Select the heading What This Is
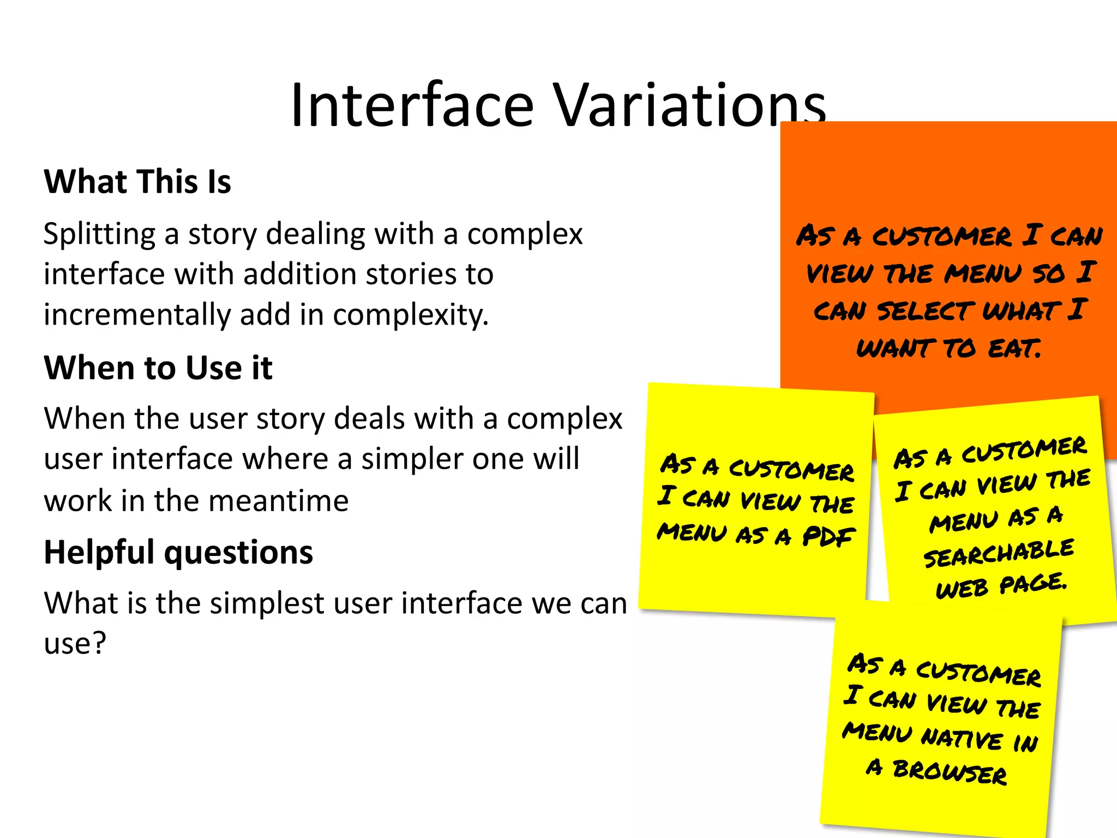(x=137, y=182)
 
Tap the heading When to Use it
(x=158, y=368)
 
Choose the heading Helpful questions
(x=178, y=552)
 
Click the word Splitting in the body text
(x=99, y=235)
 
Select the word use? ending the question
(x=75, y=644)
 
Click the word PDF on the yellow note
(x=828, y=537)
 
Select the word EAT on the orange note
(x=1014, y=348)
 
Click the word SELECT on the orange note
(x=926, y=311)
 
